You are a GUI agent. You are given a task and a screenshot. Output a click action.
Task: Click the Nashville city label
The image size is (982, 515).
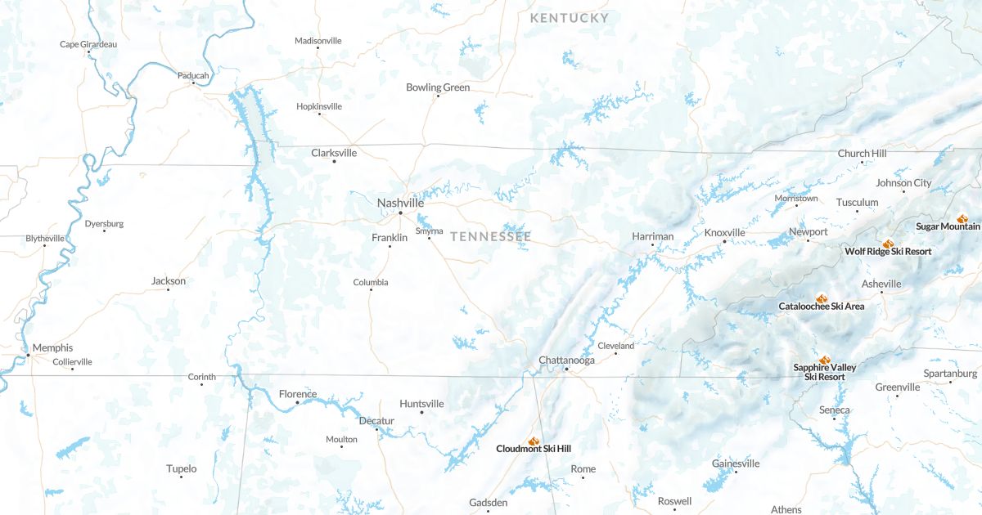tap(400, 203)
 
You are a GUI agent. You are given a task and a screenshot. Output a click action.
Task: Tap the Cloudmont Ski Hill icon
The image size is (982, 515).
tap(534, 441)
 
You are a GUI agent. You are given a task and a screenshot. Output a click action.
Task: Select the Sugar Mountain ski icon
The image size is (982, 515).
tap(962, 218)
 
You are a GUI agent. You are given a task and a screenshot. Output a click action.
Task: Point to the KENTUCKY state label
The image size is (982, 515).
tap(569, 18)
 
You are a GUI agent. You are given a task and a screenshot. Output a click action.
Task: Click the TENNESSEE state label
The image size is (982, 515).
tap(490, 236)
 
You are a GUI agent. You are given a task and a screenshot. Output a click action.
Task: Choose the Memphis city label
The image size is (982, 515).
tap(52, 347)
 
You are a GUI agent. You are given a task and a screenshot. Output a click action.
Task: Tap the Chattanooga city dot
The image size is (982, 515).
tap(566, 369)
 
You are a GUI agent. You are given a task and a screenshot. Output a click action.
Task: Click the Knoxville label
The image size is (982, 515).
tap(724, 233)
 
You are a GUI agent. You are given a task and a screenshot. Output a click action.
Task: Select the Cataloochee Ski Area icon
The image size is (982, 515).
tap(822, 298)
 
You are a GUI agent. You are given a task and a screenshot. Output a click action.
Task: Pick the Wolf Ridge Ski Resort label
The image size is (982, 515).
tap(888, 252)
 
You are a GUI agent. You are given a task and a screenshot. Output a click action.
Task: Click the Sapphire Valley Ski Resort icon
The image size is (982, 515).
tap(825, 360)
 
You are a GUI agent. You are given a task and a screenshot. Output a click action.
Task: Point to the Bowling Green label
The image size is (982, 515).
tap(438, 87)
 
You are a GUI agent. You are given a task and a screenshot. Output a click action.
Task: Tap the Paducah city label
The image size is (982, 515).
tap(193, 75)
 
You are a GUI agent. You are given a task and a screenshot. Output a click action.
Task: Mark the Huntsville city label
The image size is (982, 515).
tap(421, 404)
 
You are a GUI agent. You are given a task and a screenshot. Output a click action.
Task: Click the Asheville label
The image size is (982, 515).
tap(881, 284)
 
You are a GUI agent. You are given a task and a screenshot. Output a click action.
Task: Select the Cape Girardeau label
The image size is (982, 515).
tap(88, 44)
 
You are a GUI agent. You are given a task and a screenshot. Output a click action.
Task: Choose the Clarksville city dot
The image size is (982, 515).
tap(334, 161)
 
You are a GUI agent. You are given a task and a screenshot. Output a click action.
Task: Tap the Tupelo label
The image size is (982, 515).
tap(181, 468)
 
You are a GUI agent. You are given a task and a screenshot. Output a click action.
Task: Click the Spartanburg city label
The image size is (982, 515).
tap(950, 374)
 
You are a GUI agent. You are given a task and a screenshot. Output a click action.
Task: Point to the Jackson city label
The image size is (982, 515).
tap(169, 281)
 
